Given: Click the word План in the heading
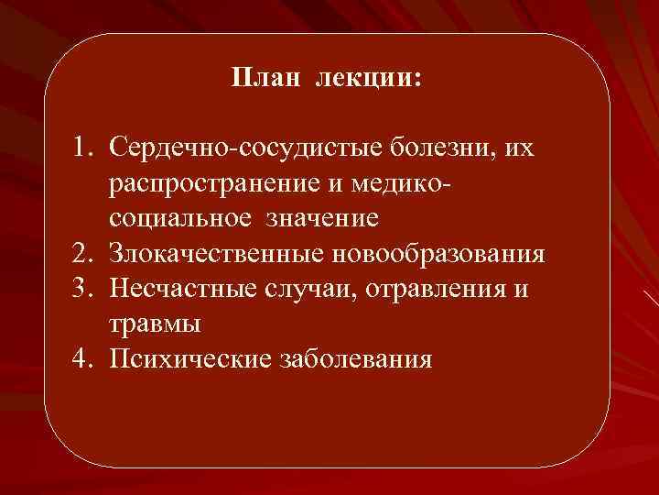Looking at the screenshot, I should [265, 79].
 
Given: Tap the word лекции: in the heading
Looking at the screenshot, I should [369, 79].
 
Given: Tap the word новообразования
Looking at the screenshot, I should [440, 253].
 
